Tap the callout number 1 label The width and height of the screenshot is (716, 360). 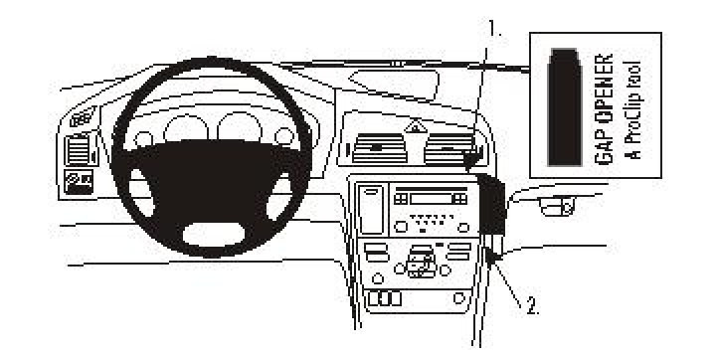click(494, 29)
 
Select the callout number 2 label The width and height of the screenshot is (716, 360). click(533, 307)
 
